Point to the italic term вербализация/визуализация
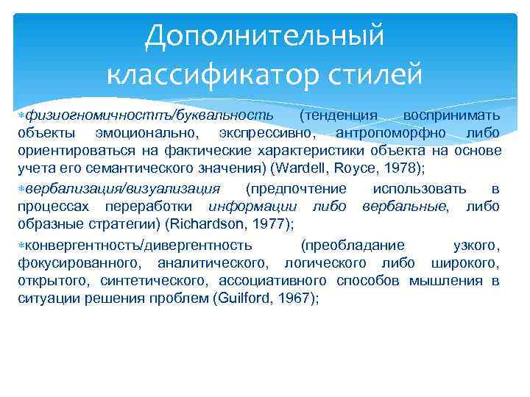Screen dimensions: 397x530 (122, 189)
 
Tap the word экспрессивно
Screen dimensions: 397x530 (266, 134)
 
